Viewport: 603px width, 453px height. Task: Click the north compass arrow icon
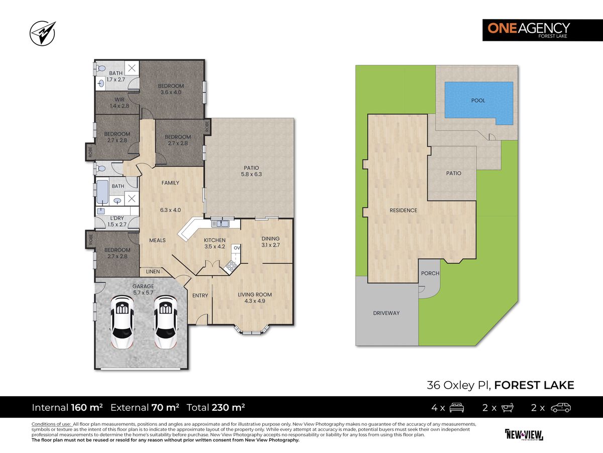43,33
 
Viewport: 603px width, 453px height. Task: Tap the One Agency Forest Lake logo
543,30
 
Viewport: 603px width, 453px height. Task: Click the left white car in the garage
122,322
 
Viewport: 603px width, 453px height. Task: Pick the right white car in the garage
165,322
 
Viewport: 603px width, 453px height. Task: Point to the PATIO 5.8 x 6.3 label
251,171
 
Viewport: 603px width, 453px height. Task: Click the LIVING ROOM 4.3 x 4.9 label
255,297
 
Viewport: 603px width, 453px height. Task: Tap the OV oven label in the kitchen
237,248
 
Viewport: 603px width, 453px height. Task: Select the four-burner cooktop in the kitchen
231,266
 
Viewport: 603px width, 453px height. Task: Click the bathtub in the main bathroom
102,192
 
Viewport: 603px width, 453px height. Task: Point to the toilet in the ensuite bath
100,68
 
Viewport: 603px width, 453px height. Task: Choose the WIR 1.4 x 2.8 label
119,103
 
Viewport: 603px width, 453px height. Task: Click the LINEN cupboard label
153,271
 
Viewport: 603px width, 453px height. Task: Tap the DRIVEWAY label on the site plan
386,313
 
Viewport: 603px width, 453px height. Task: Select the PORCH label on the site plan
430,273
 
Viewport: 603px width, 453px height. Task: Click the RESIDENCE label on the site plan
404,210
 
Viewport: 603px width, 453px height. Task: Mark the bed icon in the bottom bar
457,407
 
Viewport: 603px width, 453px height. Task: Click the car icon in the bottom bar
561,407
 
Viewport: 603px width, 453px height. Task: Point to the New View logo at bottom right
524,434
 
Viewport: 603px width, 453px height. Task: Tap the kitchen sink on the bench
220,223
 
